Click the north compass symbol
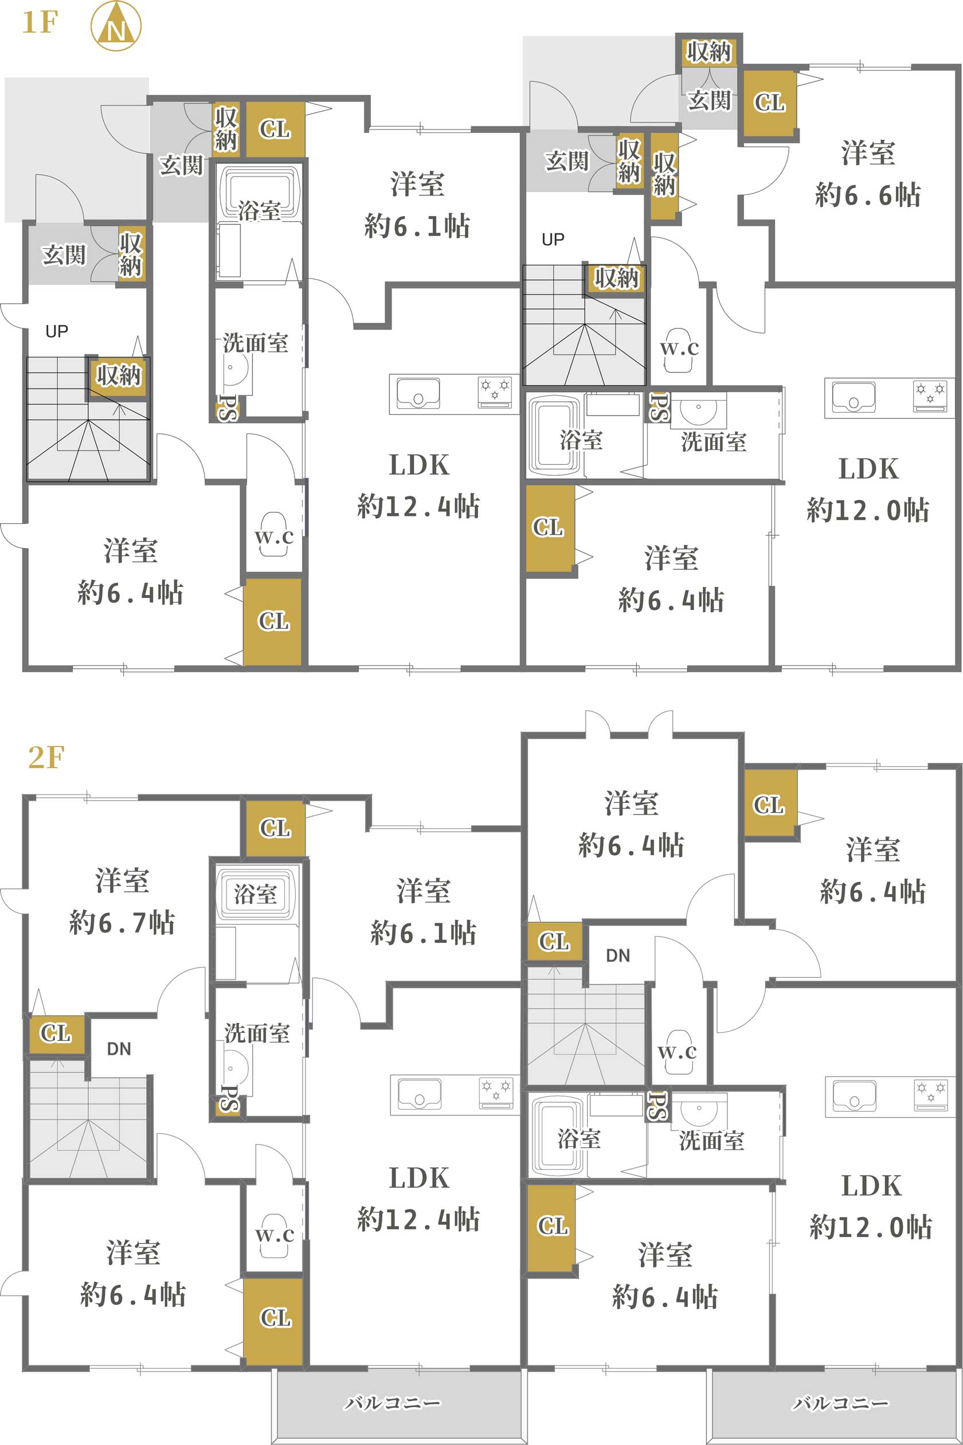[x=115, y=26]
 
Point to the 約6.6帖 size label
[x=868, y=195]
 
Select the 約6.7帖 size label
[x=122, y=922]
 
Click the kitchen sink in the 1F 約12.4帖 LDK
[x=418, y=393]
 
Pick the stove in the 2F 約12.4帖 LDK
[x=496, y=1094]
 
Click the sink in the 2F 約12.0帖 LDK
[x=854, y=1095]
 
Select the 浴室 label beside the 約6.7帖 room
[x=256, y=894]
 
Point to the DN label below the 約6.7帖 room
[x=119, y=1048]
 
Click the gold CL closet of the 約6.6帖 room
[x=769, y=103]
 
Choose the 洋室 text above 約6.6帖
[x=868, y=152]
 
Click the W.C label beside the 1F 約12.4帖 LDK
[x=274, y=537]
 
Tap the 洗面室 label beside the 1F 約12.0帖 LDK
[x=714, y=441]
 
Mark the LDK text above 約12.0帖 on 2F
[x=871, y=1185]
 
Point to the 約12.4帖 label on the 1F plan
[x=419, y=506]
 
